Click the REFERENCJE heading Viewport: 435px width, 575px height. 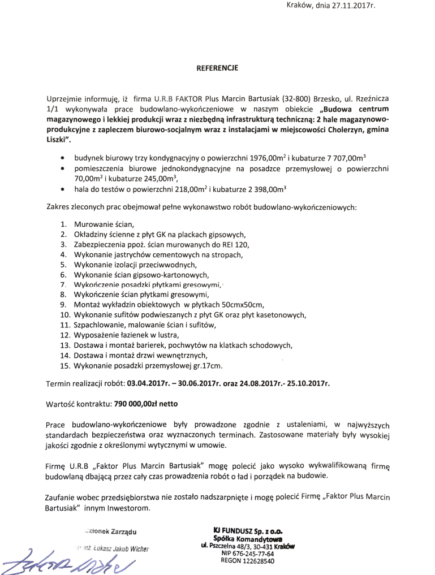coord(217,68)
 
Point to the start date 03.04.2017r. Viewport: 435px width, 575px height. coord(150,383)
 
